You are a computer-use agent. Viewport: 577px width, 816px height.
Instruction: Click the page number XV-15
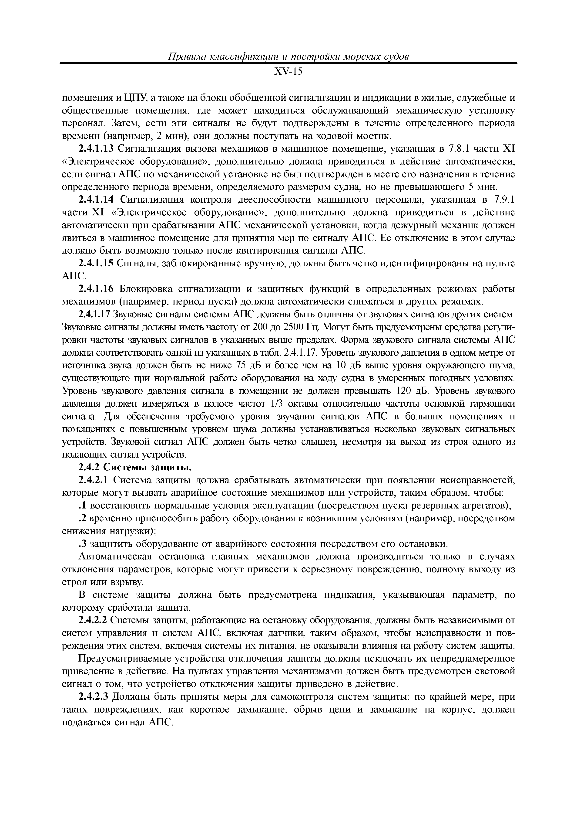point(288,72)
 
